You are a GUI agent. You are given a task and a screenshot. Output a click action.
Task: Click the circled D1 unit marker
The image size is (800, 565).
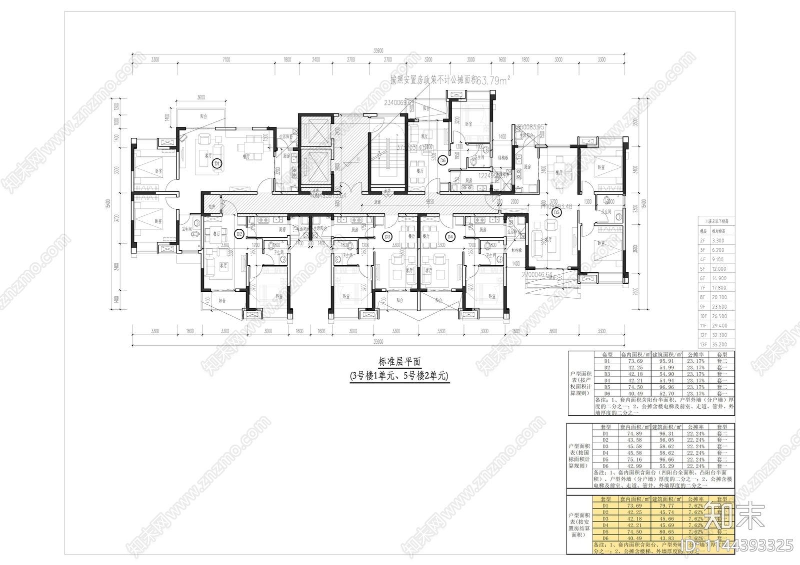pos(217,163)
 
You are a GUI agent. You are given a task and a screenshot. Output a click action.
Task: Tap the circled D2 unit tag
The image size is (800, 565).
pos(239,233)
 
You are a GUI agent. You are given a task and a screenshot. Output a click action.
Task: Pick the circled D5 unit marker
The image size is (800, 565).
pos(557,212)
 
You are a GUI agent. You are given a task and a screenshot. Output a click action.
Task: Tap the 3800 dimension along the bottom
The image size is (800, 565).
pos(552,331)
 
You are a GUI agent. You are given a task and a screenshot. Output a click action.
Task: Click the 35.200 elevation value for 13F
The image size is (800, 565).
pos(719,345)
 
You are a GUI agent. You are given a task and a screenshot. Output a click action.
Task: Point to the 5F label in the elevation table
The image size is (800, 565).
pos(702,269)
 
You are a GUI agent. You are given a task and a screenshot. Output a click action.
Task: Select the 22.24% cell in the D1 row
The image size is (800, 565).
pos(695,434)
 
